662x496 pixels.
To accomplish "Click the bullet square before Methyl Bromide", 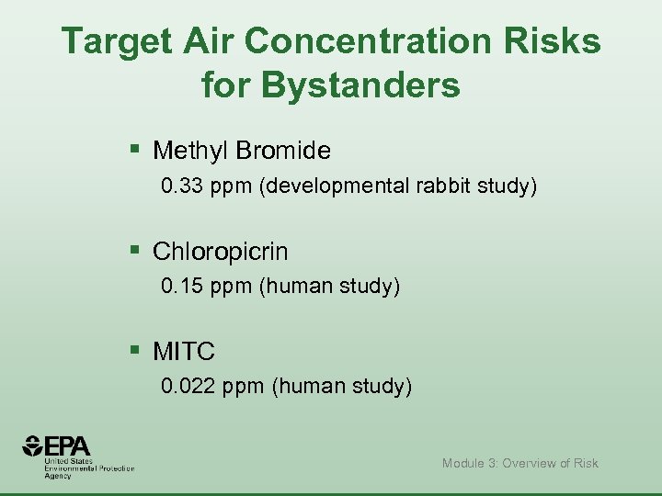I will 135,148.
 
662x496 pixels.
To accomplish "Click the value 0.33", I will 180,187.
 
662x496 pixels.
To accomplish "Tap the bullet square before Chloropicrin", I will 135,249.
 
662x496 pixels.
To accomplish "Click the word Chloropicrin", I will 220,251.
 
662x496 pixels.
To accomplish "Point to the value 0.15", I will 180,287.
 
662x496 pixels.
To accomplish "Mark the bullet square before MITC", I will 135,349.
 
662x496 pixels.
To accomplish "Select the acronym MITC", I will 184,351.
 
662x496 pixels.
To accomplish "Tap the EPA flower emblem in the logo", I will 33,447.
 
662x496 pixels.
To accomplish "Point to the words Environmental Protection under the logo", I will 89,468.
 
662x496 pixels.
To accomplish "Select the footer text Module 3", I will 470,463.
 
